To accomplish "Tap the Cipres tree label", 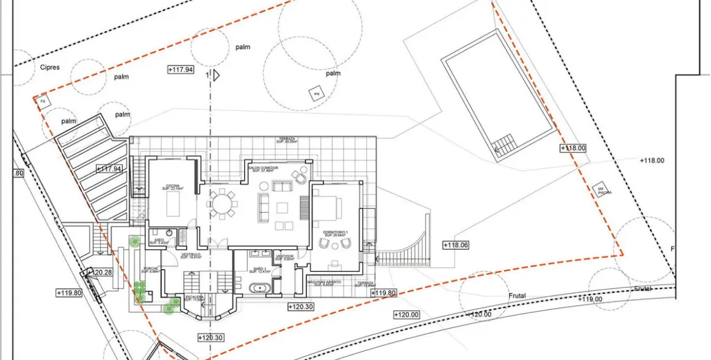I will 49,68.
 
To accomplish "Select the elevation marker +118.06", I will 456,245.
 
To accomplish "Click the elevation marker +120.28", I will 99,272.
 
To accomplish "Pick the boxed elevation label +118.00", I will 572,148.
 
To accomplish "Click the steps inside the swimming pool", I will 505,145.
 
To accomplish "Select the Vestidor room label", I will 285,257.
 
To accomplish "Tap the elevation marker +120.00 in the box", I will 406,315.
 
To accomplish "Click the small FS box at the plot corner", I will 43,101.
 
